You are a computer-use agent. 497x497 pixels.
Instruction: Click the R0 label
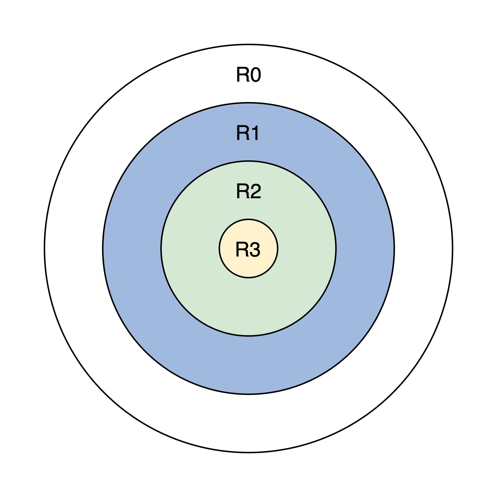(x=248, y=75)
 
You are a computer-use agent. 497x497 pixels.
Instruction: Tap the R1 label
(x=248, y=133)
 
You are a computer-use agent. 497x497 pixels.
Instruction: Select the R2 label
(x=248, y=192)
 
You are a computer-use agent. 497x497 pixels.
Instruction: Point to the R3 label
(x=248, y=250)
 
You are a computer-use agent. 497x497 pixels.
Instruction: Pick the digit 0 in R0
(x=255, y=75)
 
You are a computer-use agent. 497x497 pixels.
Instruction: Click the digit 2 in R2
(x=255, y=192)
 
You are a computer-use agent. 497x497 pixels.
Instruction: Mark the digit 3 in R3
(x=254, y=250)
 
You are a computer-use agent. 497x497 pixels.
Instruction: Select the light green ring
(x=248, y=306)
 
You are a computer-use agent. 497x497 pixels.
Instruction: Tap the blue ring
(x=248, y=364)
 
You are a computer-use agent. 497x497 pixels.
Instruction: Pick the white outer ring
(x=248, y=423)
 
